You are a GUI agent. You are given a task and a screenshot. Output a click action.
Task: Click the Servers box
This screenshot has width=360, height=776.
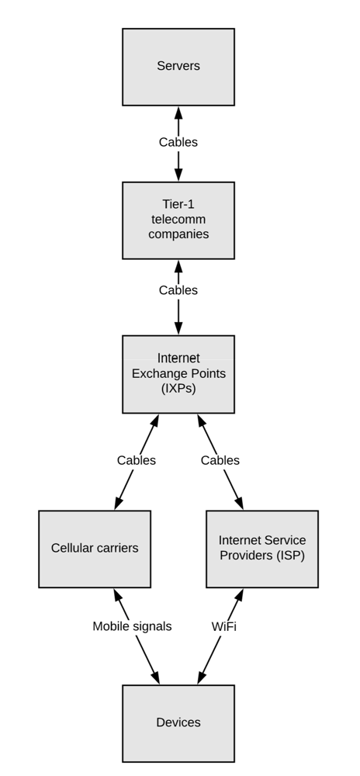(178, 67)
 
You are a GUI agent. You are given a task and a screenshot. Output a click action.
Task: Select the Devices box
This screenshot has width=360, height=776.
(178, 723)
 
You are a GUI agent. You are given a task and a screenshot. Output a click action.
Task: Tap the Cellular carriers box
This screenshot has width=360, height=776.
(95, 549)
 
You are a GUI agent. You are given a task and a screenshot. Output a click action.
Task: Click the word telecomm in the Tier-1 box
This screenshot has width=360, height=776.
(178, 220)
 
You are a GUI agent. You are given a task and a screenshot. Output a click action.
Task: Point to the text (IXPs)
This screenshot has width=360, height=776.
(178, 389)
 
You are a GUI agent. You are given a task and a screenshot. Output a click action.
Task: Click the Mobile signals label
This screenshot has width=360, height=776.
(132, 626)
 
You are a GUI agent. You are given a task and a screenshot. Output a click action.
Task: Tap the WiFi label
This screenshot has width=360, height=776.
(224, 626)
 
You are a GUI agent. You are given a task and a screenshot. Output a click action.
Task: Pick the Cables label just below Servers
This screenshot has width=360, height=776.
(178, 142)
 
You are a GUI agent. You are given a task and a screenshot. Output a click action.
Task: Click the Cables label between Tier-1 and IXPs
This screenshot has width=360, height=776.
(178, 290)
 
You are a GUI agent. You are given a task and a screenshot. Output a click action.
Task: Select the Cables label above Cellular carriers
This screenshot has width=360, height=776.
(137, 460)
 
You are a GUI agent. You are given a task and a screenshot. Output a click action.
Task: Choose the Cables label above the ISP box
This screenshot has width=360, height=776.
(220, 460)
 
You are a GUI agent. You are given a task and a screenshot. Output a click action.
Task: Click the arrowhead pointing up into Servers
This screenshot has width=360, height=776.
(178, 113)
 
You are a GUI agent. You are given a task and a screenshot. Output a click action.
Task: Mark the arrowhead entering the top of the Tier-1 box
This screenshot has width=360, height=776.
(178, 175)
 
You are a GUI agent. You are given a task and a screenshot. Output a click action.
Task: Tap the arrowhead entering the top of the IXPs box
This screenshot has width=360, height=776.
(178, 328)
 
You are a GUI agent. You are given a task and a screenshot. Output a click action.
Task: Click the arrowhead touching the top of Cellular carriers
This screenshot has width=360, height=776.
(119, 502)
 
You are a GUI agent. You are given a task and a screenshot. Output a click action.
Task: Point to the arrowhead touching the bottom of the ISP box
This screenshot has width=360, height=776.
(239, 595)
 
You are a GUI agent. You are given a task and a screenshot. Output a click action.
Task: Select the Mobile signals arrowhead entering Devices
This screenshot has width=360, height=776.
(155, 677)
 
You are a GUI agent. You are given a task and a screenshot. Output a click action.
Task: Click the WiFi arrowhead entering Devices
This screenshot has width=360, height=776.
(202, 677)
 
